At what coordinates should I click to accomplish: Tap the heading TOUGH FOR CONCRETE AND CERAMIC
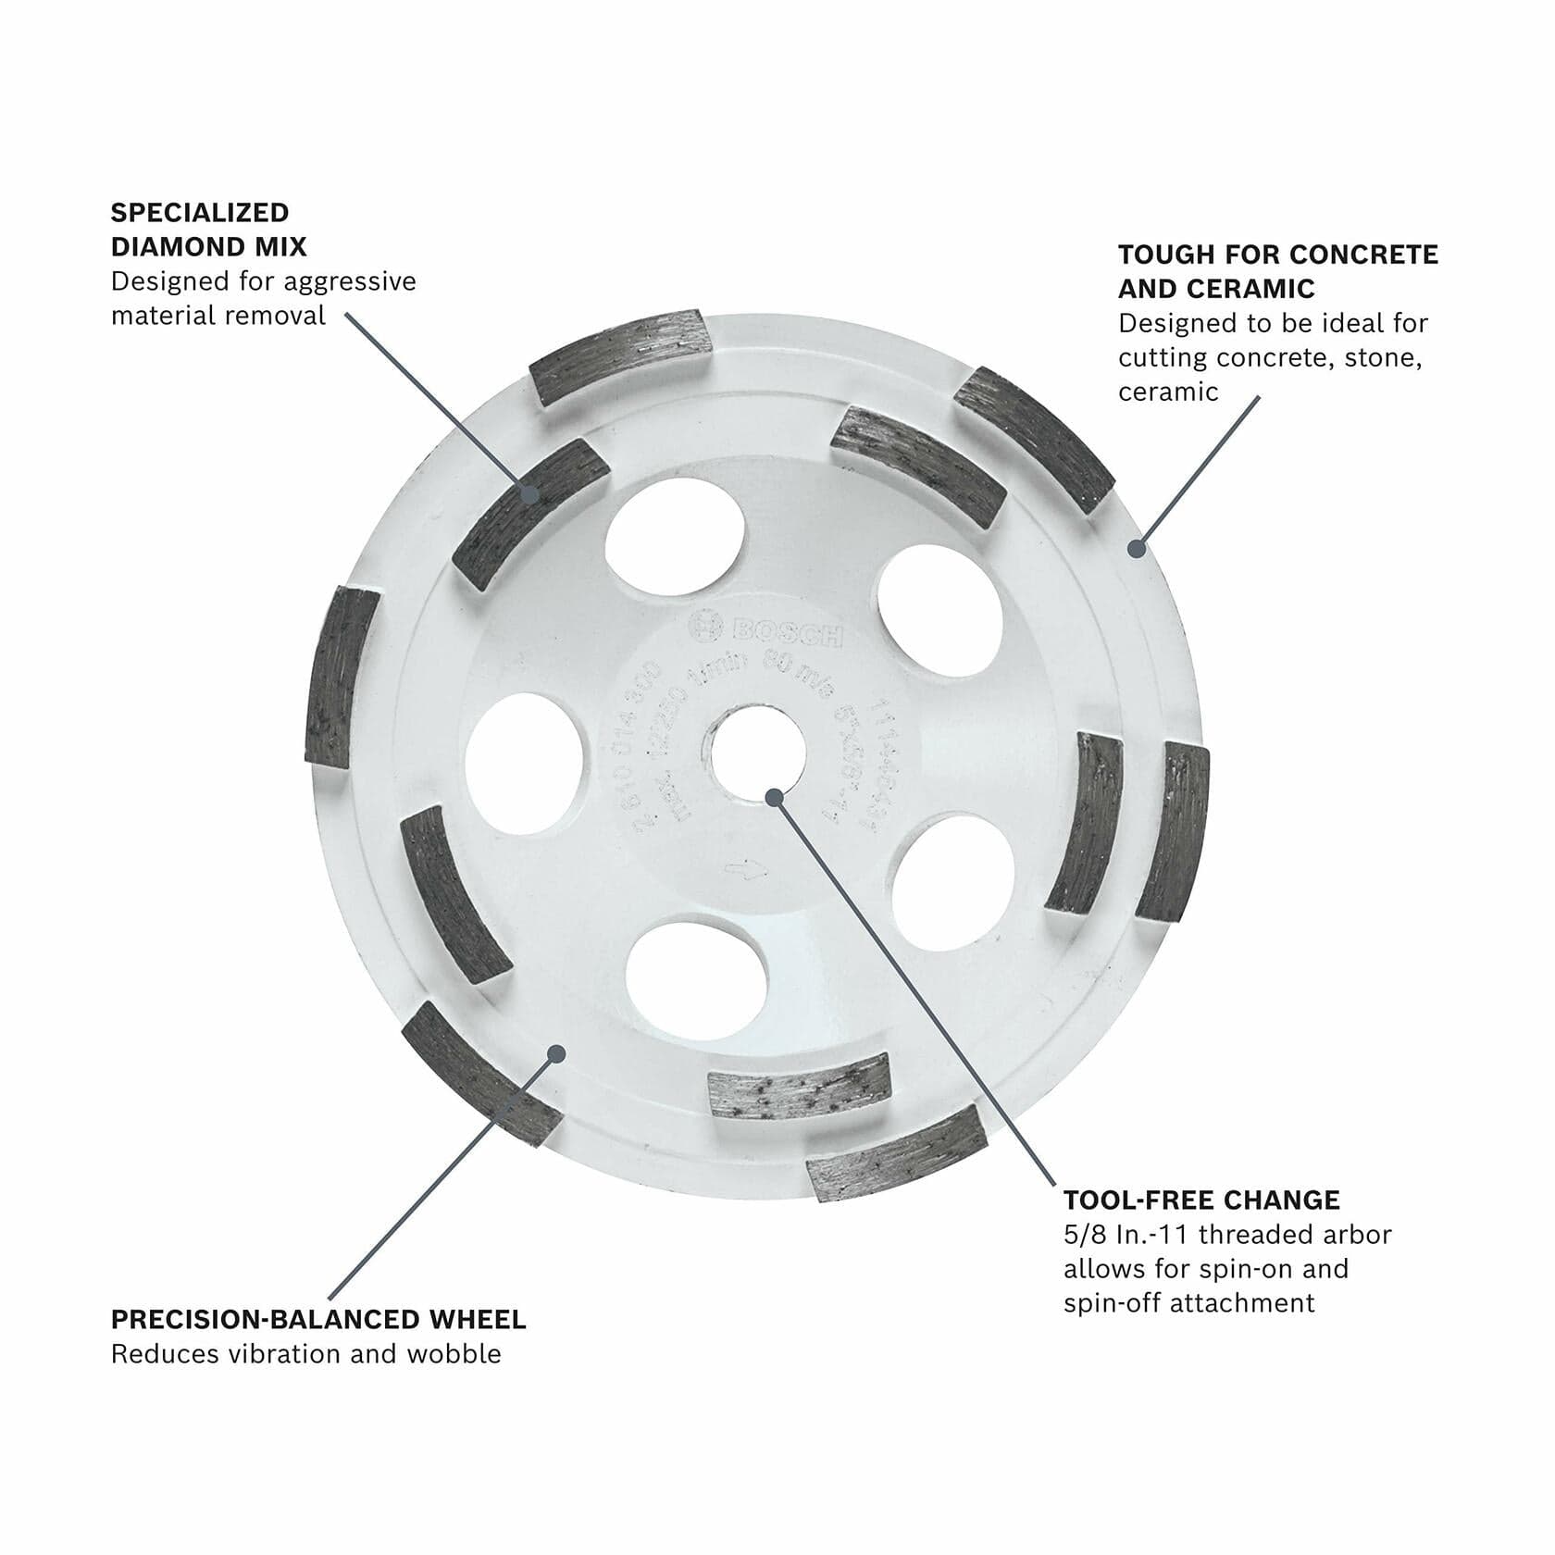[x=1277, y=271]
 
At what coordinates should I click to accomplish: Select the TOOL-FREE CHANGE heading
[x=1200, y=1200]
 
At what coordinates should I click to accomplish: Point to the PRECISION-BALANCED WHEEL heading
[x=318, y=1319]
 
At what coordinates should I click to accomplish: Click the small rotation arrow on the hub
[x=747, y=870]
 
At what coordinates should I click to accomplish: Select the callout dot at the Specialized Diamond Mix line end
[x=530, y=492]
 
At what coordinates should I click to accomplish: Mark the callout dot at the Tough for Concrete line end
[x=1137, y=549]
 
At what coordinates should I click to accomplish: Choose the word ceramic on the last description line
[x=1167, y=392]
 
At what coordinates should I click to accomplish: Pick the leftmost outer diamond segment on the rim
[x=342, y=677]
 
